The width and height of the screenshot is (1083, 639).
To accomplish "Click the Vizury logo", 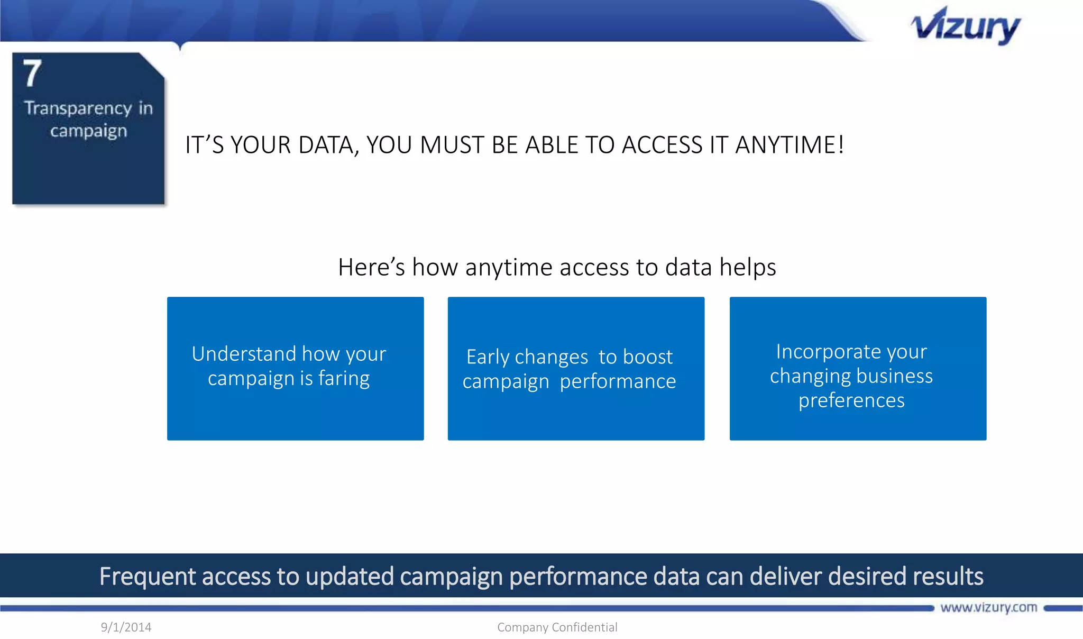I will pyautogui.click(x=965, y=26).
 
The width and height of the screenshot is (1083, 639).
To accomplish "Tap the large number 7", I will pyautogui.click(x=32, y=74).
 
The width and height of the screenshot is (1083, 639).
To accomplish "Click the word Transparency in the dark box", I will pyautogui.click(x=78, y=108).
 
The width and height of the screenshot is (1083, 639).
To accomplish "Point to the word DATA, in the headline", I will pyautogui.click(x=328, y=145).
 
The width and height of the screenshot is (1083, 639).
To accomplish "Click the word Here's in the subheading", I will pyautogui.click(x=371, y=267).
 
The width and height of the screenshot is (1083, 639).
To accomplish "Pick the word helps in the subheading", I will pyautogui.click(x=748, y=267).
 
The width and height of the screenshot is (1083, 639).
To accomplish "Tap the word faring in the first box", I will pyautogui.click(x=344, y=379).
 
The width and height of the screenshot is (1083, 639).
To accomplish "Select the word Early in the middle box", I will pyautogui.click(x=487, y=357).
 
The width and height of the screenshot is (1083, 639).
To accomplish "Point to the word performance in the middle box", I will pyautogui.click(x=618, y=381).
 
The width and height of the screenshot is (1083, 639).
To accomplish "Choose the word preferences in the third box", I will pyautogui.click(x=851, y=400).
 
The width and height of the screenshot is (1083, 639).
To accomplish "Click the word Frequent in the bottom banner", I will pyautogui.click(x=148, y=576).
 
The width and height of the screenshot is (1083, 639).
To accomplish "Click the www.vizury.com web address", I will pyautogui.click(x=988, y=607).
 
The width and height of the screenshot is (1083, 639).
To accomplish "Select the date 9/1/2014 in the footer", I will pyautogui.click(x=126, y=627).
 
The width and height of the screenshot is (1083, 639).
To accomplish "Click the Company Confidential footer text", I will pyautogui.click(x=557, y=627).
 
